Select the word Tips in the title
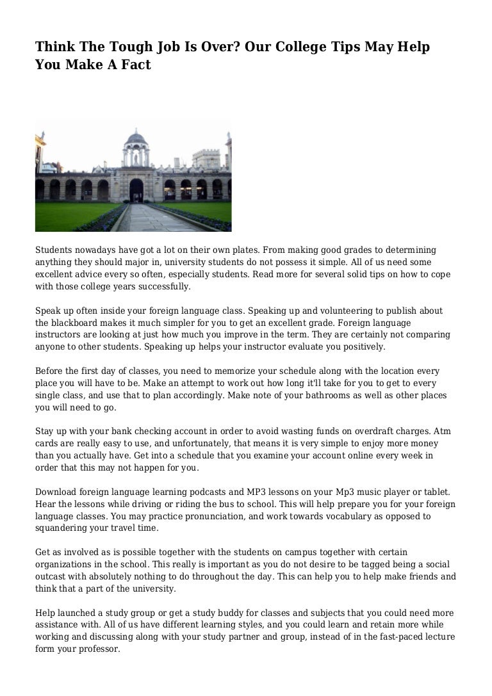[x=348, y=47]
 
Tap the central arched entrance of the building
[x=136, y=190]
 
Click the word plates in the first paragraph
[x=234, y=250]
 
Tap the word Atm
[x=442, y=432]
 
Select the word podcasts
[x=205, y=492]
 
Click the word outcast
[x=53, y=576]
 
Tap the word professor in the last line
[x=98, y=649]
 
